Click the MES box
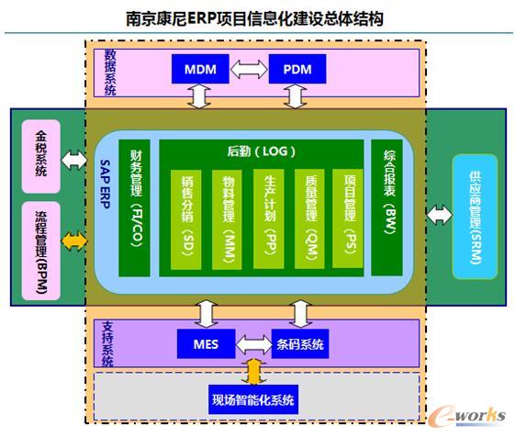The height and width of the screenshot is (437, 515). point(206,345)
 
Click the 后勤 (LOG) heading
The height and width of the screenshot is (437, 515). point(262,151)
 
